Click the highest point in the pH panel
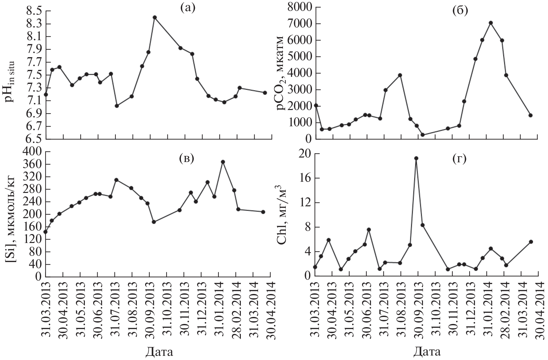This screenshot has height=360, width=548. [155, 17]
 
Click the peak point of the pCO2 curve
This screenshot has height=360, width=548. [491, 23]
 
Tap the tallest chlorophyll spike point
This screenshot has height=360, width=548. [416, 158]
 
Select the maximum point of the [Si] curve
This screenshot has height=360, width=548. [223, 162]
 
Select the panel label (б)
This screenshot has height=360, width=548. [460, 11]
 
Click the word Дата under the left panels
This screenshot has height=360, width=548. [159, 351]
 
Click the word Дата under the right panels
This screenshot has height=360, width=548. [427, 351]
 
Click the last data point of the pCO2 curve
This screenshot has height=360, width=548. [530, 115]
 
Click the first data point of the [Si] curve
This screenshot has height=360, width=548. [46, 232]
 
